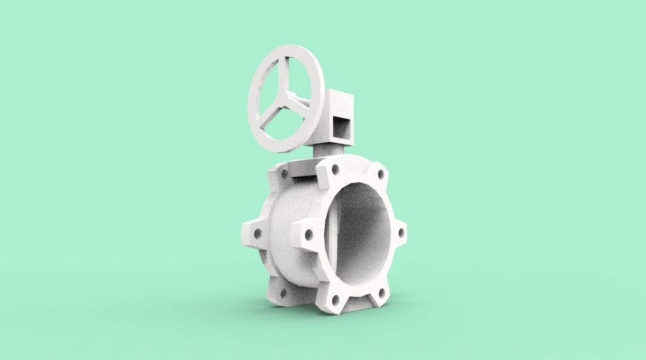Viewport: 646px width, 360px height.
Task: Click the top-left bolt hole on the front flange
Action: [x=334, y=168]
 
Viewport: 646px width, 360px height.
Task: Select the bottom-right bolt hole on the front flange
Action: [x=380, y=291]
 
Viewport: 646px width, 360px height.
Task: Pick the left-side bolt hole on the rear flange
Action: [x=257, y=233]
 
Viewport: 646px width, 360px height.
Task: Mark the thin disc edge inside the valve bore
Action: [x=331, y=233]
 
